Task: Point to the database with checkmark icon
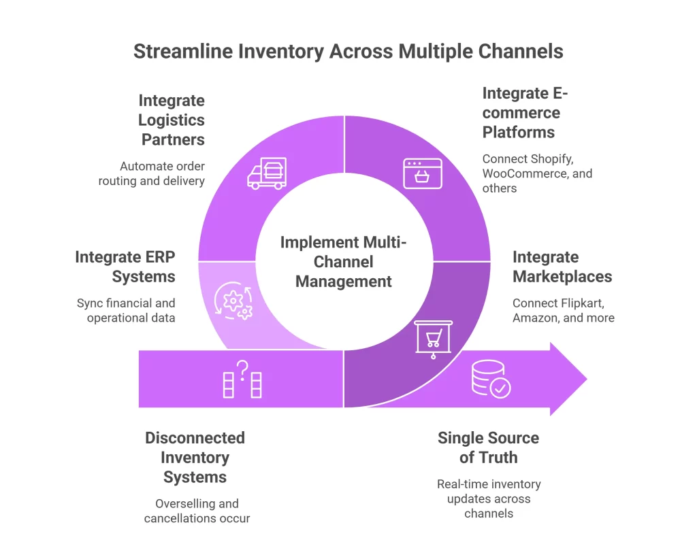[x=491, y=379]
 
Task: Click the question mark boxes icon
[x=243, y=379]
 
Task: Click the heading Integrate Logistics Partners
[x=172, y=120]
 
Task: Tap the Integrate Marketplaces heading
[x=562, y=267]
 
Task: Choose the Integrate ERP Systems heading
[x=125, y=267]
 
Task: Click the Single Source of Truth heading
[x=488, y=448]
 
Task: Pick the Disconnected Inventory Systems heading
[x=195, y=458]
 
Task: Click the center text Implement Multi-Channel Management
[x=344, y=262]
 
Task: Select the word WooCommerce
[x=522, y=173]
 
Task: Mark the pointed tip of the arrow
[x=586, y=379]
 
